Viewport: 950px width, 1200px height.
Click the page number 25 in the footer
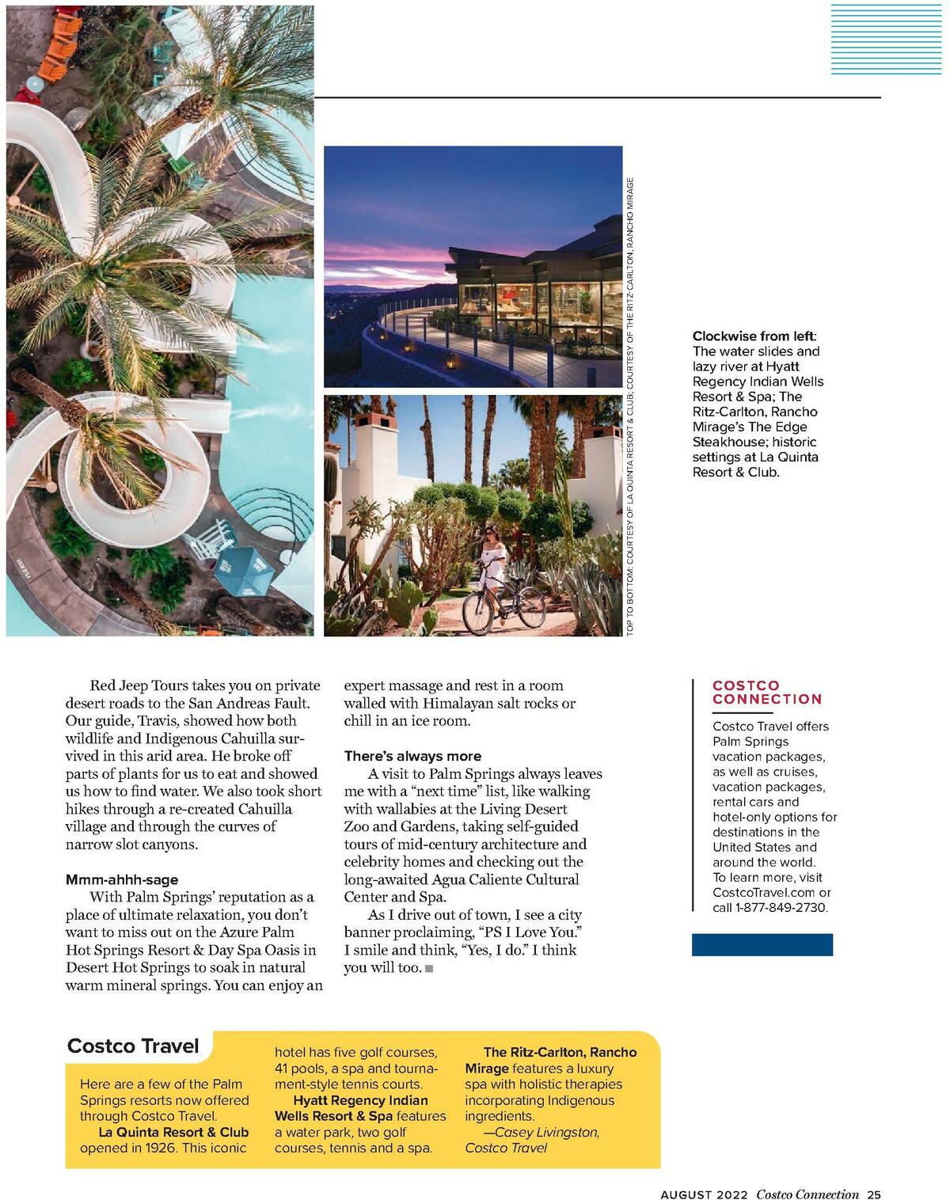[x=873, y=1195]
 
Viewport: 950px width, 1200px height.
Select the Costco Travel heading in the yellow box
[x=133, y=1046]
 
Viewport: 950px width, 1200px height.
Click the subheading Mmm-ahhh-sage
[x=122, y=879]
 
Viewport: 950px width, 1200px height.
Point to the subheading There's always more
[x=412, y=756]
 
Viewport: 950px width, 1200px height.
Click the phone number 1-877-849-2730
[x=781, y=907]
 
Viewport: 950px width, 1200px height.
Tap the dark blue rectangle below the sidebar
[x=762, y=944]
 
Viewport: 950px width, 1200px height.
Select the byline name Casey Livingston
[x=546, y=1132]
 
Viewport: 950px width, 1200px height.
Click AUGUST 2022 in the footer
[x=704, y=1195]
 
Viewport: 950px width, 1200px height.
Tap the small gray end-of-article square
[x=429, y=968]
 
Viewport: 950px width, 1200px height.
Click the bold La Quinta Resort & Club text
[x=173, y=1132]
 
